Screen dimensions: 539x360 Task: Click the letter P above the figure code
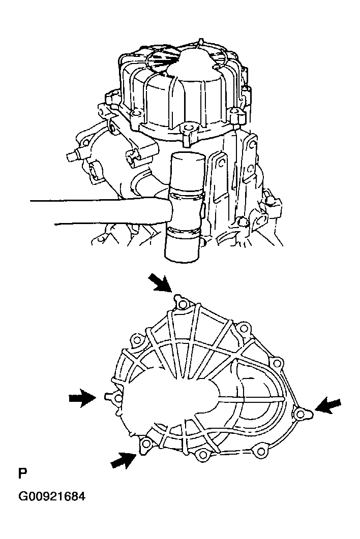coord(22,474)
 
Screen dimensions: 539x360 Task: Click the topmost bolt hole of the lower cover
coord(183,304)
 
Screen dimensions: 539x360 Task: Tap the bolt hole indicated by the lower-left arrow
coord(146,445)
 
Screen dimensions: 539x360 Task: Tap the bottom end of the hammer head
coord(185,254)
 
